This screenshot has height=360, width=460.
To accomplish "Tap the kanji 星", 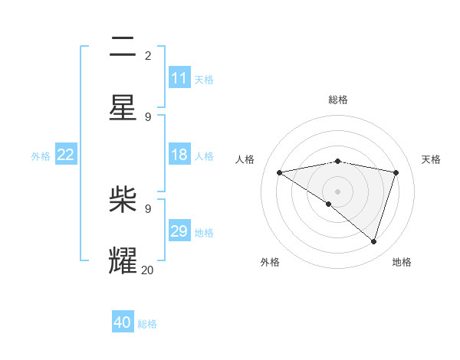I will pos(123,108).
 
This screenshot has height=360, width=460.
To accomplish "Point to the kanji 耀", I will pos(123,261).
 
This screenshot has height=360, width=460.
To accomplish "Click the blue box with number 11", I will pos(179,78).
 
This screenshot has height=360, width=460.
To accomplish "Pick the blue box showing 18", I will pos(179,155).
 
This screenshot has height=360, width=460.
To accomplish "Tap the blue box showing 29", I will pos(179,231).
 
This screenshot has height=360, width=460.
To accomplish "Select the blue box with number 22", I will pos(66,155).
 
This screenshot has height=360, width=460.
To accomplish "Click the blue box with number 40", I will pos(123,322).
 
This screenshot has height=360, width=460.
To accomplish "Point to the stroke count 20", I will pos(147,269).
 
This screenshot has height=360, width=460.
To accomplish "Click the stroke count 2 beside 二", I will pos(147,55).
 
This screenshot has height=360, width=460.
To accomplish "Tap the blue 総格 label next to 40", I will pos(147,324).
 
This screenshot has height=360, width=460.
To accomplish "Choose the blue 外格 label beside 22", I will pos(41,156).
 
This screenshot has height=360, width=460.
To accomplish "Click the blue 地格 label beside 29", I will pos(204,233).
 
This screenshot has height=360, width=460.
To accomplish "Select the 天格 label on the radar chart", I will pos(431,159).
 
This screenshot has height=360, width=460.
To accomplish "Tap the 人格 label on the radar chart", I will pos(245,159).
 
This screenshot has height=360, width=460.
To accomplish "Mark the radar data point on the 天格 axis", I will pos(396,172).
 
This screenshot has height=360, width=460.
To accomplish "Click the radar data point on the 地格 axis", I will pos(373,241).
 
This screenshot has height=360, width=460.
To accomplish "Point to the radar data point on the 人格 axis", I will pos(279,172).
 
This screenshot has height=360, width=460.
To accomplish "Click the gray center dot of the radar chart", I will pos(337,191).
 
